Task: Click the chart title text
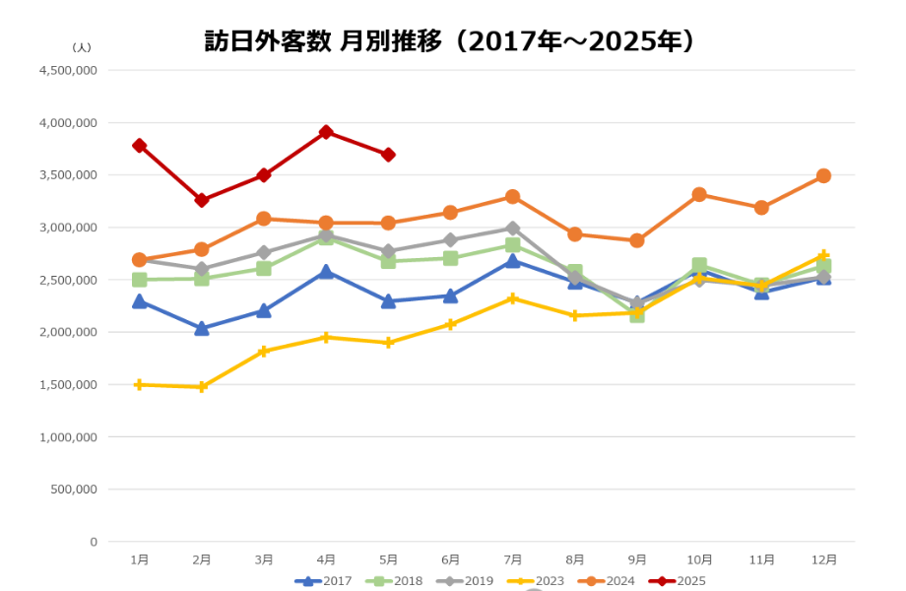tap(449, 41)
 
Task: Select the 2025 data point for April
tap(326, 132)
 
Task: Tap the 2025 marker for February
tap(202, 201)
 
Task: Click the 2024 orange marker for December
tap(823, 175)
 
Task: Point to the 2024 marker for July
tap(512, 197)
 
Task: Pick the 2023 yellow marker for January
tap(139, 385)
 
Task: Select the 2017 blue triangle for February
tap(202, 329)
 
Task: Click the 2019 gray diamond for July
tap(512, 229)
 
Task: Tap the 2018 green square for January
tap(139, 280)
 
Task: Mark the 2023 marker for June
tap(450, 325)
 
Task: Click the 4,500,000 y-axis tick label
tap(68, 71)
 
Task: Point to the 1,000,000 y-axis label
tap(68, 437)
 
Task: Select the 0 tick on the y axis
tap(94, 542)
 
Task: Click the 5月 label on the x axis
tap(388, 559)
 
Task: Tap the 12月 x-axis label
tap(824, 559)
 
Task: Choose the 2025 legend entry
tap(678, 581)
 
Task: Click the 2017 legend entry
tap(323, 581)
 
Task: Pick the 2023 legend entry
tap(536, 581)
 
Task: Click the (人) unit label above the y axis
tap(82, 47)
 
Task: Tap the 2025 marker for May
tap(388, 155)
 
